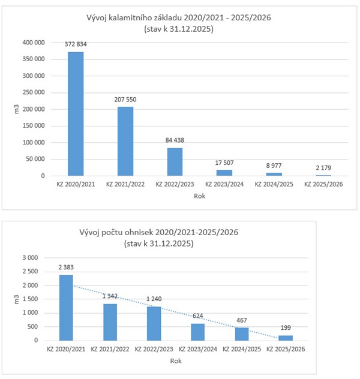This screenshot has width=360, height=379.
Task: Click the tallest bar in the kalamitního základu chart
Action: point(76,114)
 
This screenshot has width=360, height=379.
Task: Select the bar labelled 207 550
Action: point(125,141)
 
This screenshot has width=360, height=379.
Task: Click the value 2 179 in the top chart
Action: point(324,167)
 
